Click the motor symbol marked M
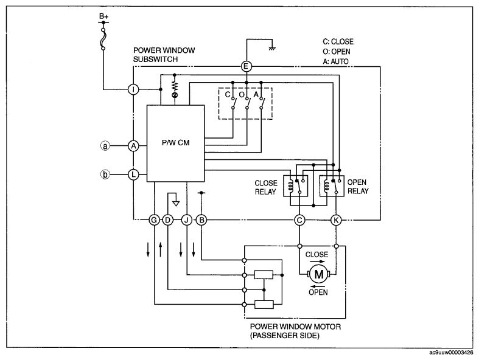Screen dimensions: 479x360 tap(318, 274)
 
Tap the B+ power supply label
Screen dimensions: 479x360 tap(103, 16)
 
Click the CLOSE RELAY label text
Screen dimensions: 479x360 tap(266, 187)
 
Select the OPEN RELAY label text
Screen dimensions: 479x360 tap(358, 187)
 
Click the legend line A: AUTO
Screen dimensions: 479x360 tap(336, 61)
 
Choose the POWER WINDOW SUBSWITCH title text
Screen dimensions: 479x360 tap(164, 55)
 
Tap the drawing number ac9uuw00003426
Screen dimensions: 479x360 tap(451, 353)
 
